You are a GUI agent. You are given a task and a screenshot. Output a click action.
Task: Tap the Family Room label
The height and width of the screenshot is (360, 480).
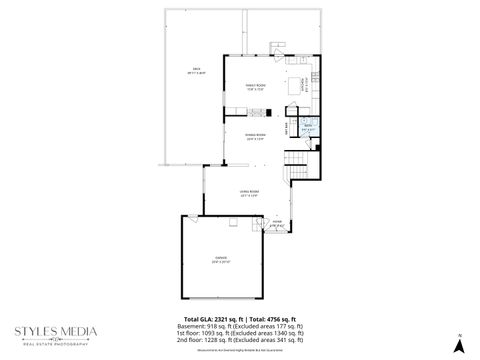click(x=255, y=87)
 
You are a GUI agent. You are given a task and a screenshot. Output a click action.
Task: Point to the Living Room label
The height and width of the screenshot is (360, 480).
click(x=250, y=193)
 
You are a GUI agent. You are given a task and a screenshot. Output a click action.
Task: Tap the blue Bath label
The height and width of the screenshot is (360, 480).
click(x=309, y=128)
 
